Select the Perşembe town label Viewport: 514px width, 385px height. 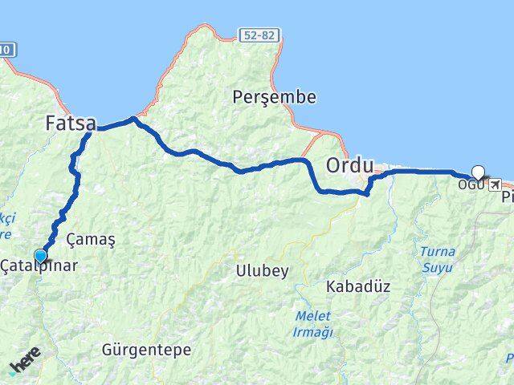click(274, 98)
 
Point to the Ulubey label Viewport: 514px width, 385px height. click(262, 271)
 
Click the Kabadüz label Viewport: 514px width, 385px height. click(358, 286)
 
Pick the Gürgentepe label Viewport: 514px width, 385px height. click(147, 350)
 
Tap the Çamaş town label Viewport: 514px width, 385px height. click(91, 239)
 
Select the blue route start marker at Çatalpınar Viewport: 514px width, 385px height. click(40, 256)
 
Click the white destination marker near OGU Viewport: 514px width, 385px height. click(479, 172)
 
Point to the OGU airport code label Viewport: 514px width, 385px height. click(471, 184)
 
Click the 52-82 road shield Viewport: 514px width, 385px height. click(259, 35)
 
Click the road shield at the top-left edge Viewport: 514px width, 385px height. click(6, 50)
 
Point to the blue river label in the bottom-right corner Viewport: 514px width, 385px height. click(509, 357)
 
